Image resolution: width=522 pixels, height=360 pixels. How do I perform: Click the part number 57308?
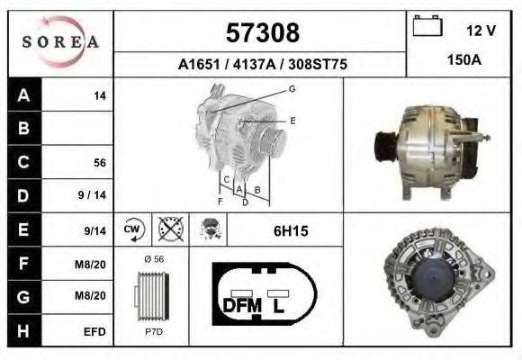tap(261, 33)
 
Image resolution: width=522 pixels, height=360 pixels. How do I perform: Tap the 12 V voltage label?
tap(481, 31)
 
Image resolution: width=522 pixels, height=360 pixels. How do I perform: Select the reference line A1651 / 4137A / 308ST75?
tap(262, 65)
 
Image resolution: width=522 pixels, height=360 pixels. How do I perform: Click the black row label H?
tap(24, 331)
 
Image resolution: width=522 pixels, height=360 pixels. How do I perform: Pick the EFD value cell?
tap(95, 332)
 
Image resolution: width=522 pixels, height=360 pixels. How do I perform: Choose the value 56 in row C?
tap(100, 163)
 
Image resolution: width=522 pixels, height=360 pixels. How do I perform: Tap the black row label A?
tap(24, 95)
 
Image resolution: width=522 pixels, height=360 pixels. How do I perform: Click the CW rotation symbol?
tap(131, 230)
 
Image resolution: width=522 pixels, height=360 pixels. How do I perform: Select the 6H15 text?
tap(291, 231)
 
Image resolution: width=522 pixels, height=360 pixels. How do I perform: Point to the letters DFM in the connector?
tap(241, 305)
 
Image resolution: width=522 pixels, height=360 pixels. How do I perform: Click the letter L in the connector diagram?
tap(280, 305)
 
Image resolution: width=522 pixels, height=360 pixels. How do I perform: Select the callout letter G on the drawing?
tap(292, 88)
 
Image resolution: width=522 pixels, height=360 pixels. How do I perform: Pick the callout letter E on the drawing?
tap(292, 120)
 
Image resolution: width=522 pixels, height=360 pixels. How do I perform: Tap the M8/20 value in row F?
tap(94, 265)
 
